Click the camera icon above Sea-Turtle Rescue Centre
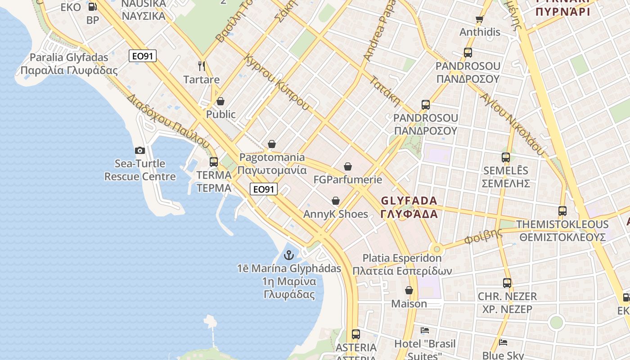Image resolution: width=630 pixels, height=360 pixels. (x=140, y=151)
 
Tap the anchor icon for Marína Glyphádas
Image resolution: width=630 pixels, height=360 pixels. (x=288, y=256)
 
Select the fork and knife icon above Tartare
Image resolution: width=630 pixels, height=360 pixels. (x=202, y=66)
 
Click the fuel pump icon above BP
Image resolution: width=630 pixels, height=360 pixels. (x=92, y=7)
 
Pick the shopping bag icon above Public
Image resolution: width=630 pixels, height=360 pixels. (x=220, y=101)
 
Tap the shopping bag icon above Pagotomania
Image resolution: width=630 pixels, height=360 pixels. (x=272, y=144)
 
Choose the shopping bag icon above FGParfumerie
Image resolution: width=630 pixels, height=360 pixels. (x=348, y=166)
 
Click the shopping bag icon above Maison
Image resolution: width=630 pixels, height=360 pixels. (x=409, y=290)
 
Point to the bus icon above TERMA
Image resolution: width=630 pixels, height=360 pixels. (x=214, y=162)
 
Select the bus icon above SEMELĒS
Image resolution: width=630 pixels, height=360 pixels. (x=506, y=157)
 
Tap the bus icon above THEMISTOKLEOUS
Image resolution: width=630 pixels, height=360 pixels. (x=562, y=211)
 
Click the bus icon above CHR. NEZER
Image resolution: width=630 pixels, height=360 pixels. (x=507, y=283)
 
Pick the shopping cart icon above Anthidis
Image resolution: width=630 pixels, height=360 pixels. (x=479, y=19)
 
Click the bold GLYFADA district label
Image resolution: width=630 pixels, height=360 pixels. (x=409, y=207)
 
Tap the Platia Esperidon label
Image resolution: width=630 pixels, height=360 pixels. (x=402, y=265)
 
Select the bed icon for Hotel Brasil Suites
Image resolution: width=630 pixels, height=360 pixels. (x=425, y=330)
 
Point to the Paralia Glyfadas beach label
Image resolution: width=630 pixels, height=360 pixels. (x=69, y=64)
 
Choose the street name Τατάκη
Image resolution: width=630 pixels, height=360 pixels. (x=385, y=91)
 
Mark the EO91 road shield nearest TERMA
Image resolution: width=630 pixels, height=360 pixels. (x=264, y=189)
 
